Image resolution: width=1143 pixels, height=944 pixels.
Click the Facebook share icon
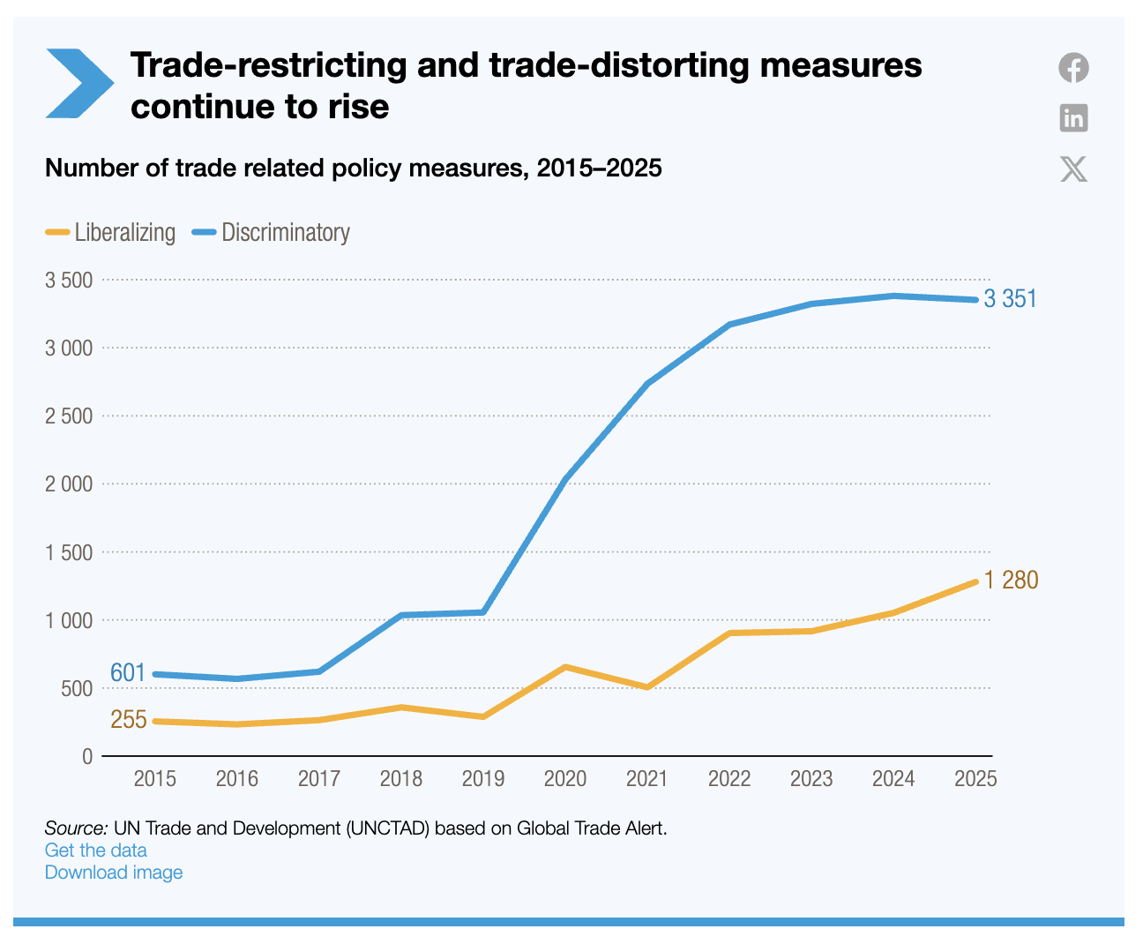point(1073,68)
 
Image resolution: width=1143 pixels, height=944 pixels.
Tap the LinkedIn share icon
point(1073,117)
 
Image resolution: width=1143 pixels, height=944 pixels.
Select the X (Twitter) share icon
point(1073,169)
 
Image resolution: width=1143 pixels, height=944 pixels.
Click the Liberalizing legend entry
point(111,233)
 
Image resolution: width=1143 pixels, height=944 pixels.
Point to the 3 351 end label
point(1010,299)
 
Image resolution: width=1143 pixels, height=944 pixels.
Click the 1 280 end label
point(1011,581)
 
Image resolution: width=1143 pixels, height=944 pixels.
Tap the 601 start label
point(128,673)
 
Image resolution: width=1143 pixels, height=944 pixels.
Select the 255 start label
point(129,720)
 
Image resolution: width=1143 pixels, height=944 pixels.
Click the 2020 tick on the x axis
point(565,779)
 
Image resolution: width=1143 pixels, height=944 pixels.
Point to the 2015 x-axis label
point(154,779)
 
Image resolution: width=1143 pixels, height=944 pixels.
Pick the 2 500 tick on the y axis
point(69,416)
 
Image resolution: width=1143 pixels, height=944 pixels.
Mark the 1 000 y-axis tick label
point(69,620)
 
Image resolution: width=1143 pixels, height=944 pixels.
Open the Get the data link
point(96,850)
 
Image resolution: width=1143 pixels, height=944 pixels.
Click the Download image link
point(114,873)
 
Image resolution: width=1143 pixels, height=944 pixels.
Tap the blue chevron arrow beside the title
point(78,84)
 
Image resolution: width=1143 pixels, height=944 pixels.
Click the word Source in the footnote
point(75,828)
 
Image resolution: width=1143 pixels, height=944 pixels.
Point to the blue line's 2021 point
point(647,384)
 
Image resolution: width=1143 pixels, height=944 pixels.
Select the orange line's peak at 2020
point(565,667)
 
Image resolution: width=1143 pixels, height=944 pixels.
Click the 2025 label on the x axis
point(975,779)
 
